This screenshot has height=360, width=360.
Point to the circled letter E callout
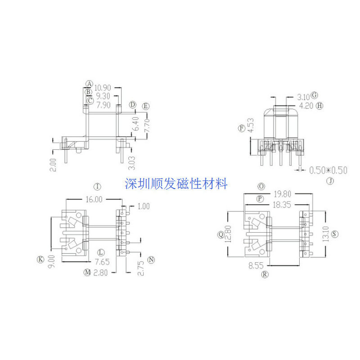[x=145, y=106]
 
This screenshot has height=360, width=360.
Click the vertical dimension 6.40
[x=134, y=125]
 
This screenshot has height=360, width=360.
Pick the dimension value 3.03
[x=132, y=162]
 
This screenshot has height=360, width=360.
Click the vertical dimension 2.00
[x=54, y=164]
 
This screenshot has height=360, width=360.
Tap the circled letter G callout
[x=315, y=95]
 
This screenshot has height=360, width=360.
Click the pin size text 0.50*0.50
[x=328, y=170]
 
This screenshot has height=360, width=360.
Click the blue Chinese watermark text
[x=176, y=184]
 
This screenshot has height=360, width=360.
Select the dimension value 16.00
[x=93, y=199]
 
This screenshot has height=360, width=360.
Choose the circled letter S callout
[x=335, y=234]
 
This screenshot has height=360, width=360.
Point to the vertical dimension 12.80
[x=230, y=234]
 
